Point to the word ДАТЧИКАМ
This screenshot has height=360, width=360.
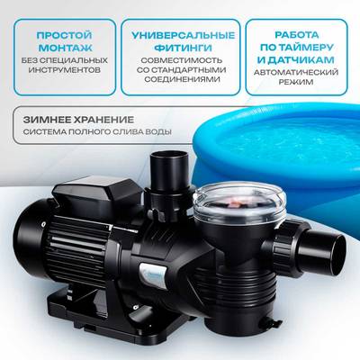pos(302,63)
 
